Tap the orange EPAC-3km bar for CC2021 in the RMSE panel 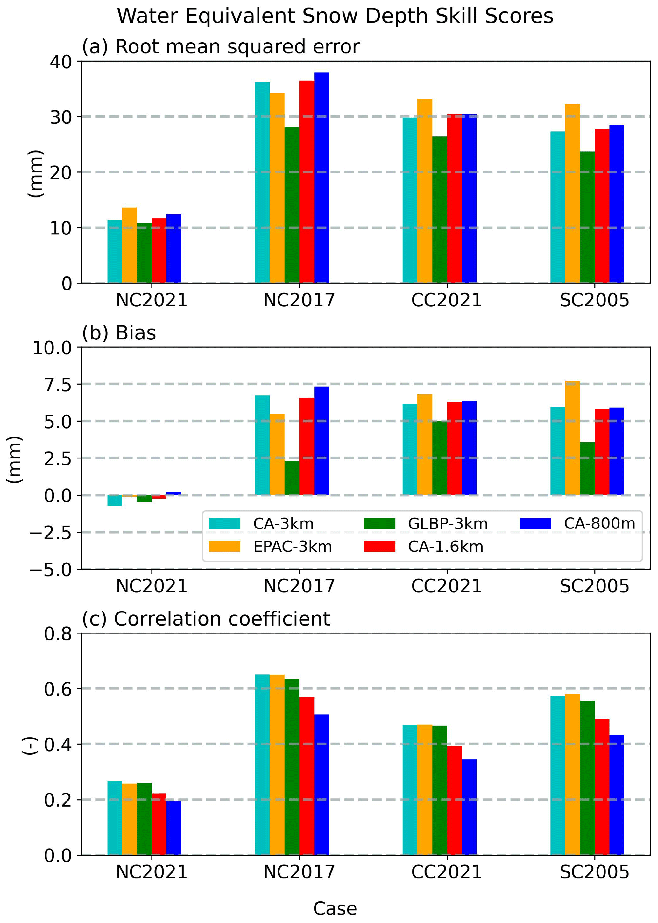coord(425,190)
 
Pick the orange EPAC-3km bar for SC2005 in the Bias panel coord(572,437)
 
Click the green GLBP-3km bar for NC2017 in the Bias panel coord(292,478)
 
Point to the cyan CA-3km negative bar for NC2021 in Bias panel coord(115,500)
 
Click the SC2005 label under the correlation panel coord(594,871)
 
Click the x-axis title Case coord(335,908)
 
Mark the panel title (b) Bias coord(119,333)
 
